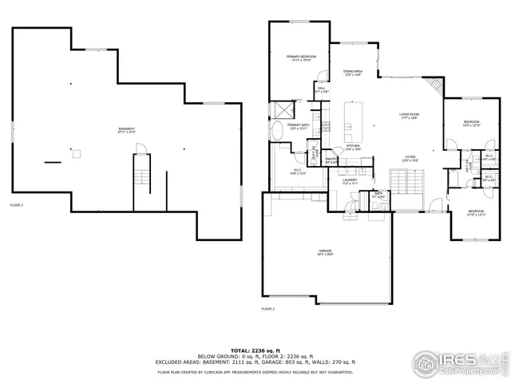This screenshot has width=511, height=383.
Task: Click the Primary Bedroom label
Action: tap(302, 57)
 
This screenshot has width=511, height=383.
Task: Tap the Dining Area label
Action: tap(353, 73)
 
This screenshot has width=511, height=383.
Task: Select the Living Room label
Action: tap(410, 116)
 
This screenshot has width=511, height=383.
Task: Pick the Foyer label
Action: tap(410, 159)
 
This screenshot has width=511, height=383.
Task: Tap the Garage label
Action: tap(326, 254)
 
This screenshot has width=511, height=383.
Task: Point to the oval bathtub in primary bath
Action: tap(277, 132)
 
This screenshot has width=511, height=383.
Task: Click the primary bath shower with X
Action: tap(281, 109)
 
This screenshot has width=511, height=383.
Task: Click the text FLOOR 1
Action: tap(17, 205)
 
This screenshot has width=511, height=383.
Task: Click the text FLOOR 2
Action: tap(267, 308)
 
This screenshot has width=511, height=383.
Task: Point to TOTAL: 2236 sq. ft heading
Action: tap(255, 349)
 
